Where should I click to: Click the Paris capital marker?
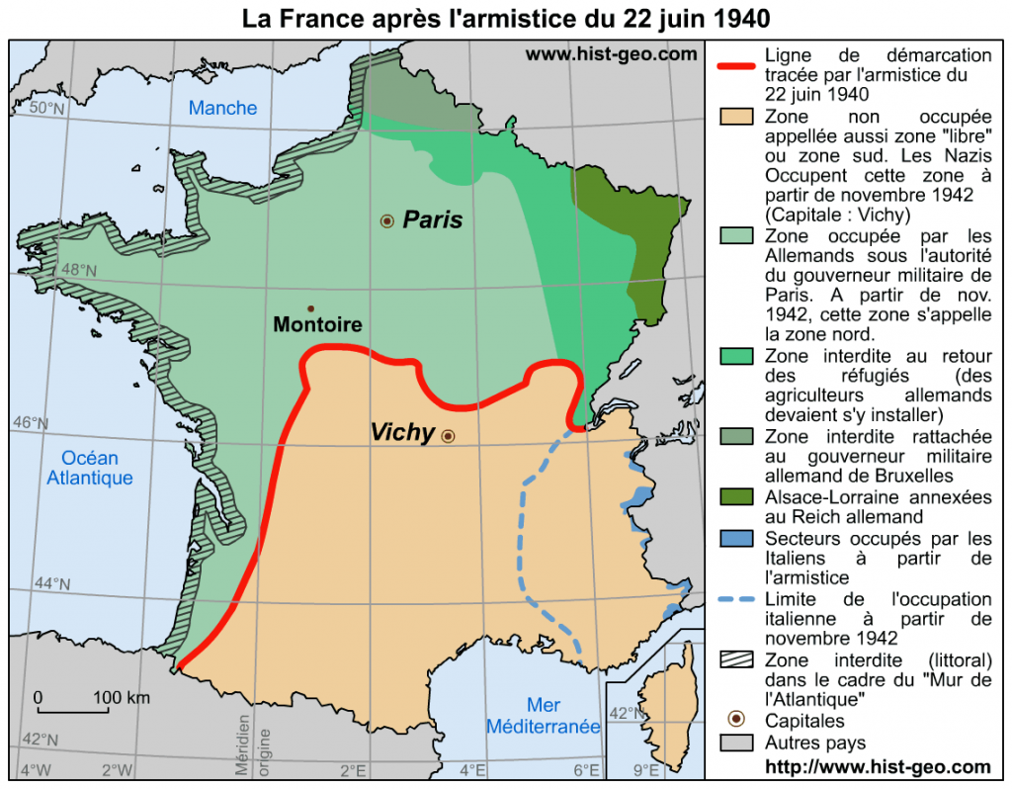[x=386, y=221]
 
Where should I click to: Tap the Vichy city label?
[x=402, y=432]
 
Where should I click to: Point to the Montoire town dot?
[x=310, y=309]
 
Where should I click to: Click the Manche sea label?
[x=222, y=108]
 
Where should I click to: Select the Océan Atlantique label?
[x=90, y=468]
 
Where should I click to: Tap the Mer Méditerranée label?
[x=543, y=716]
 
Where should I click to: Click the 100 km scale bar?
[x=73, y=710]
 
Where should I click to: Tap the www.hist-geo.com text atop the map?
[x=611, y=54]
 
